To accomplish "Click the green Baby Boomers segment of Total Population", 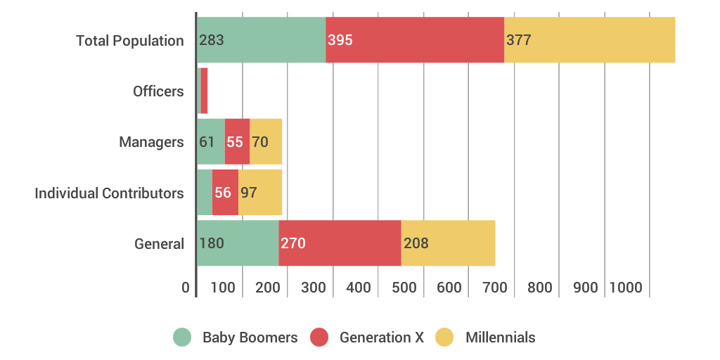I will point(261,40).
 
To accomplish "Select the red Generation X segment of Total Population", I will point(415,40).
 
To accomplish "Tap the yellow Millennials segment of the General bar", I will point(448,243).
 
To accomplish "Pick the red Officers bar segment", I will point(204,91).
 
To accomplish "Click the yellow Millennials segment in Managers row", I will point(266,141).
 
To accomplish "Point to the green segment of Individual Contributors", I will point(205,192).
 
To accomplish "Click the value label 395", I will point(340,40).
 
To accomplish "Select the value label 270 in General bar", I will point(292,243).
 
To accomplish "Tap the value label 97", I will point(249,193).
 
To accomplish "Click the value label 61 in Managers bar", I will point(207,142).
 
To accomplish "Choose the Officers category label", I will point(158,91).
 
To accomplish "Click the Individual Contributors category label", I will point(109,193).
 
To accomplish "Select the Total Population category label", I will point(130,41).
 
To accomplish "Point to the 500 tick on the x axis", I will point(404,288).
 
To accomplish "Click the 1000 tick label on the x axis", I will point(626,288).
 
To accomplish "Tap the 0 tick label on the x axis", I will point(186,288).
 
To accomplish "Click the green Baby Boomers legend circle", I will point(182,337).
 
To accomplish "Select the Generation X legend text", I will point(382,337).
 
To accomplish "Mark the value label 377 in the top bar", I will point(519,40).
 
